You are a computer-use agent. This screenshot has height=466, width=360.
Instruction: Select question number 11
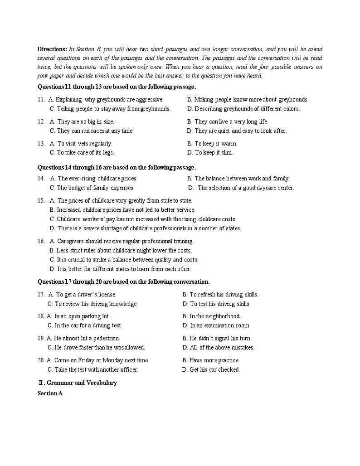click(41, 99)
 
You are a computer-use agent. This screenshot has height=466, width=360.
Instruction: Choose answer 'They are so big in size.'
click(85, 121)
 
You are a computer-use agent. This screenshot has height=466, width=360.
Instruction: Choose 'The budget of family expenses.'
click(95, 188)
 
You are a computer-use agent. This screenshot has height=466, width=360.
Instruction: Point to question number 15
click(41, 200)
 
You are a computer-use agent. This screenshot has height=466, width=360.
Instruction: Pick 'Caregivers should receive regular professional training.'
click(125, 241)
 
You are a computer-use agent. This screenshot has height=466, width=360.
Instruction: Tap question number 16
click(41, 241)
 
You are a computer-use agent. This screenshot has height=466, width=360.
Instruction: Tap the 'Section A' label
click(50, 393)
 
